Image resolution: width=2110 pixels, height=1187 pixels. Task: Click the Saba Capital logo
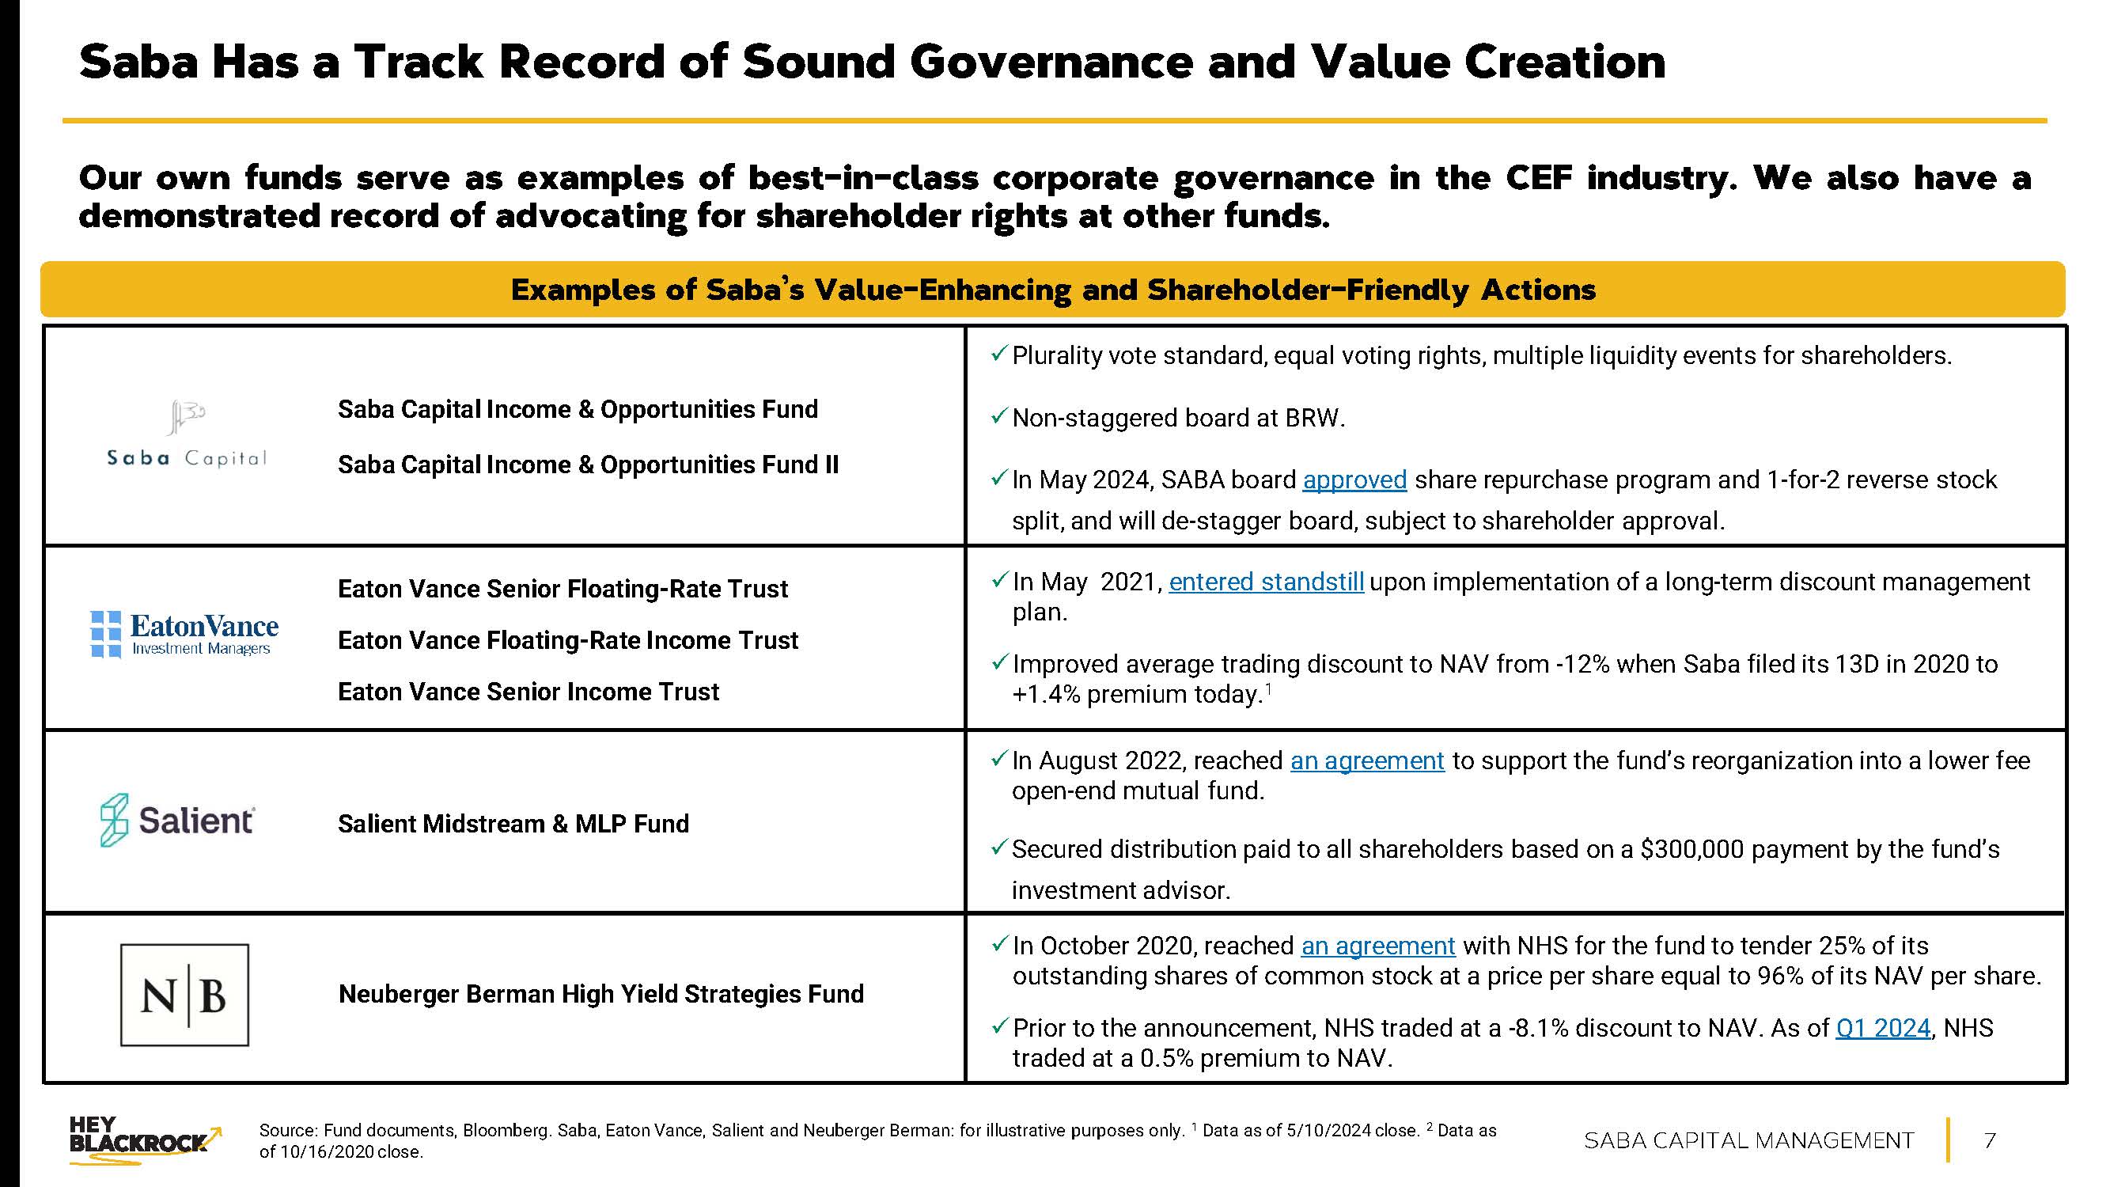pos(187,434)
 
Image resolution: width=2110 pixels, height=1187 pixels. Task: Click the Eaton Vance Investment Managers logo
pos(184,635)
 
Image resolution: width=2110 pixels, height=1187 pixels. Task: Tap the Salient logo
pos(177,820)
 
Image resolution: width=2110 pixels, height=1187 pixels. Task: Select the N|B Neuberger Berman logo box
pos(184,995)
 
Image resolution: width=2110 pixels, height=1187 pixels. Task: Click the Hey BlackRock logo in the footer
pos(144,1140)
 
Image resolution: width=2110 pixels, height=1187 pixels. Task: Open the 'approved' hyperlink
pos(1354,480)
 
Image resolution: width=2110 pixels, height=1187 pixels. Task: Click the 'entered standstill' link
pos(1266,582)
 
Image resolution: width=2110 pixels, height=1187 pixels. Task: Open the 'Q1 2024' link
pos(1882,1028)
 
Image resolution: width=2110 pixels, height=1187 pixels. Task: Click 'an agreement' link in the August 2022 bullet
pos(1366,761)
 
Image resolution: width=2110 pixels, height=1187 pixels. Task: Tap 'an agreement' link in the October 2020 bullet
pos(1377,946)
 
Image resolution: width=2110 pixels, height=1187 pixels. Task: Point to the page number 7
pos(1990,1140)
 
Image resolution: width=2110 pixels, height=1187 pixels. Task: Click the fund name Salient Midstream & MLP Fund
pos(513,824)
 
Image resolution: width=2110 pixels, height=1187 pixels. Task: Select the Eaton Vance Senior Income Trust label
pos(528,692)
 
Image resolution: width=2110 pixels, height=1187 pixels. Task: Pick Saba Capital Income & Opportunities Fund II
pos(588,465)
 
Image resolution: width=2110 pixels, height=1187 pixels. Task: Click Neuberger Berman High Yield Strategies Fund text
pos(600,995)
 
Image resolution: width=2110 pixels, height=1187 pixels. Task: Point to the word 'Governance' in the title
pos(1050,63)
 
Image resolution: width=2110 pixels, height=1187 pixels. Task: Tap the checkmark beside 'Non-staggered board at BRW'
pos(998,417)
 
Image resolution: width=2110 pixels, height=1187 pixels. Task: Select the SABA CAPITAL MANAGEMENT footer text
pos(1748,1140)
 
